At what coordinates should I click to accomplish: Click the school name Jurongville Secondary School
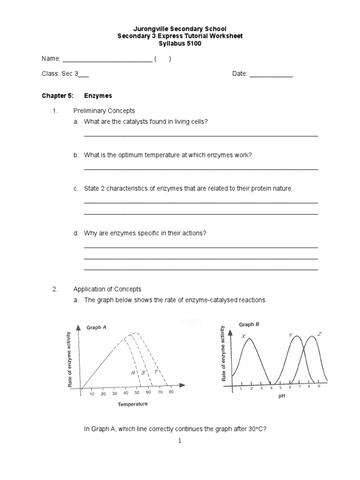180,29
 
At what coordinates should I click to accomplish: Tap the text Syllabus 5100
180,44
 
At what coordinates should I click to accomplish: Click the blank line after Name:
107,60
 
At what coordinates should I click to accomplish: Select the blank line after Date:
270,75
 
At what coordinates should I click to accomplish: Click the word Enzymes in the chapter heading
98,96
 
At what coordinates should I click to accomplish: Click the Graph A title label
97,328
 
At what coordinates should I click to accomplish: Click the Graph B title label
249,324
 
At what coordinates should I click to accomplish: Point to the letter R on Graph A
133,373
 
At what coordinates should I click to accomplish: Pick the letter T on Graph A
150,372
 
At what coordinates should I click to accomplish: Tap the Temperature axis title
133,404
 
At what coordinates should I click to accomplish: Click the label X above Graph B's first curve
243,336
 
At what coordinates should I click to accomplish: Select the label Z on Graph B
319,334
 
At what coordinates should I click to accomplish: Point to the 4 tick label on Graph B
271,388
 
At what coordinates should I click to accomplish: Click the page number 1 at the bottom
180,441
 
